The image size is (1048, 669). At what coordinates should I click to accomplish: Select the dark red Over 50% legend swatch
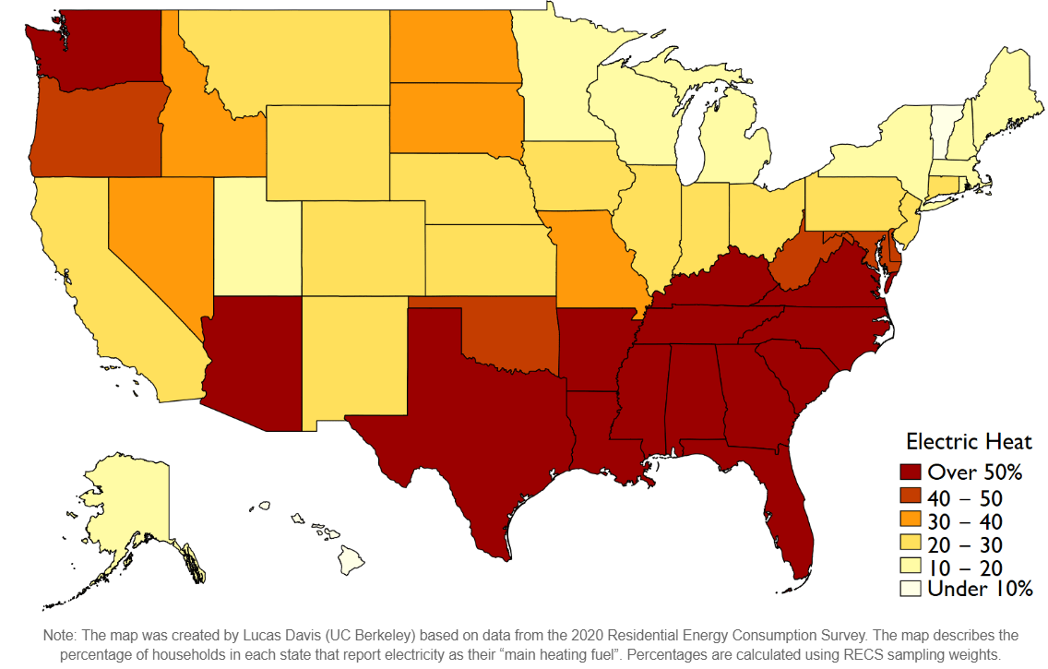(911, 472)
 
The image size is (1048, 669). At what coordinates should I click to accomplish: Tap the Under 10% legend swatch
(911, 588)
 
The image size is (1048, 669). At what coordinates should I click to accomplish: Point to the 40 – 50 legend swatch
(911, 497)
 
